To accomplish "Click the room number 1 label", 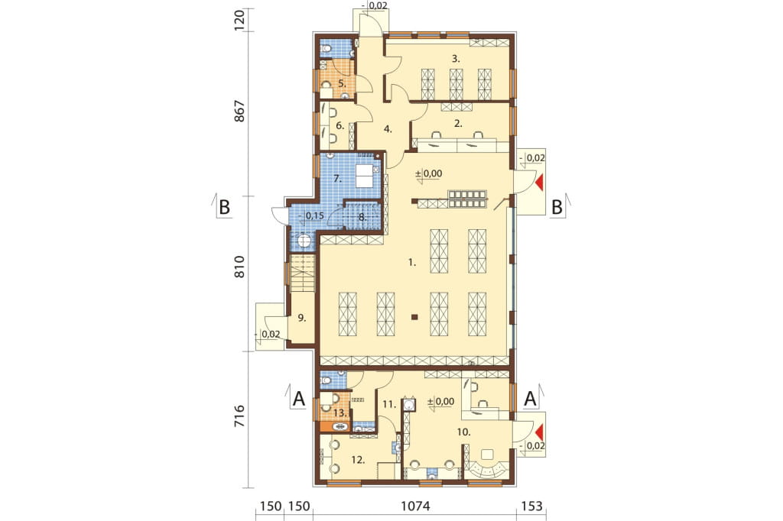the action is point(412,262).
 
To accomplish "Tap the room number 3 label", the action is point(456,59).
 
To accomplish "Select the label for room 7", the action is point(337,178).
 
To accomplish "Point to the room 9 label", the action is point(301,317).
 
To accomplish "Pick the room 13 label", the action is point(340,413).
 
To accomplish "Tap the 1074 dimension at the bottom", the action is point(415,506).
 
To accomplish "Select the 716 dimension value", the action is point(239,416).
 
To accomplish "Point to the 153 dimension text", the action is point(531,506).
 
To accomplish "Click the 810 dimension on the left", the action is point(239,267).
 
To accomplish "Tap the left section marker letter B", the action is point(224,206).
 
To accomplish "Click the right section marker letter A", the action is point(531,399).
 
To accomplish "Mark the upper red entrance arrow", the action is point(539,183).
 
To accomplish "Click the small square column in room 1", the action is point(414,316).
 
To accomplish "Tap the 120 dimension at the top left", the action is point(239,20).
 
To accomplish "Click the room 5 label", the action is point(342,83).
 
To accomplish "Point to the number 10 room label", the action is point(464,432).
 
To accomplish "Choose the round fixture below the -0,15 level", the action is point(304,242).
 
